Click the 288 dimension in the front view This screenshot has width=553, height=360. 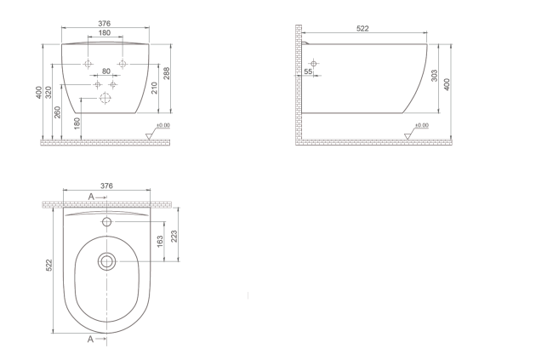(167, 73)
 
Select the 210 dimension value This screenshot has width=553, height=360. (155, 88)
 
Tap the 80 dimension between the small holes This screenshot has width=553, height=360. (106, 71)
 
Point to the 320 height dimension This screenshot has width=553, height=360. (48, 93)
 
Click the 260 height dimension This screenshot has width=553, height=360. (58, 112)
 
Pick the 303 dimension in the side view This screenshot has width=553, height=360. (435, 76)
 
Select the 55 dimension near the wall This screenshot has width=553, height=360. (308, 71)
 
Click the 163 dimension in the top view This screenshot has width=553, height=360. (160, 242)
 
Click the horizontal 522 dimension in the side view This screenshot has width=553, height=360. (362, 29)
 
